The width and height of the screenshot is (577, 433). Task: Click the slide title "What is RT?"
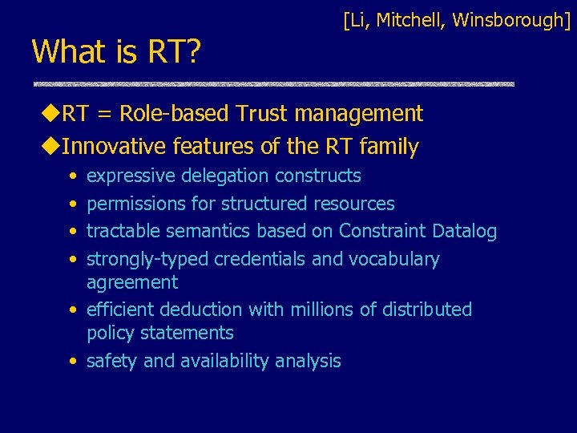pos(116,52)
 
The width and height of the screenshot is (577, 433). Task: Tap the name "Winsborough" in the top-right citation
pos(511,20)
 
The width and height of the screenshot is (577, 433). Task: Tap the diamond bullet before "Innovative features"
pos(52,147)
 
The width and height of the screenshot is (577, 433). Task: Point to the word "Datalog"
pos(464,232)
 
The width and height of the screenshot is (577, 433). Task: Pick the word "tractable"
pos(124,232)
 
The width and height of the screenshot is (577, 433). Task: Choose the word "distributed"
pos(428,310)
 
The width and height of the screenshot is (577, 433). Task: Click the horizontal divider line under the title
pos(272,83)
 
